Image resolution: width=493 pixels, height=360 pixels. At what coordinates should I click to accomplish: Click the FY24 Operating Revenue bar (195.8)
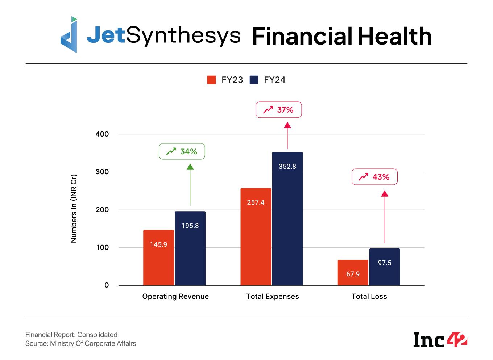(x=190, y=248)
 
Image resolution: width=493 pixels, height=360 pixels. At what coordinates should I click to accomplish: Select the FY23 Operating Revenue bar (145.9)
(x=158, y=258)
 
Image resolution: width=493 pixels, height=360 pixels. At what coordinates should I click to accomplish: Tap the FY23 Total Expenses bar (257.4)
(x=256, y=236)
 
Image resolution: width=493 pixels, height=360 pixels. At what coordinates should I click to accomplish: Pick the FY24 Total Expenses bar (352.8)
(x=287, y=218)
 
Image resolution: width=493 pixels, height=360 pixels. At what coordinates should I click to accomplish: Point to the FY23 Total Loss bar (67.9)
(x=353, y=272)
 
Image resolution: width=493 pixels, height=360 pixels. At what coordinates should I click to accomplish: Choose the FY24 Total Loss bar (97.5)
(x=384, y=267)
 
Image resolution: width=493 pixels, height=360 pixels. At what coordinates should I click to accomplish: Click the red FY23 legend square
(x=211, y=80)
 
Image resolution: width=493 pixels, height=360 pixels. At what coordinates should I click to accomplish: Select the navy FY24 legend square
(x=254, y=80)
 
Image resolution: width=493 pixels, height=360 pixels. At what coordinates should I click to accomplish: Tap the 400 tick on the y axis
(x=102, y=134)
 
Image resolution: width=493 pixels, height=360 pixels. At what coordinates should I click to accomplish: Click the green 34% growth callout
(x=182, y=151)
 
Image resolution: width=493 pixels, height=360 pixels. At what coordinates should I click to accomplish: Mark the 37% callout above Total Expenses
(x=278, y=110)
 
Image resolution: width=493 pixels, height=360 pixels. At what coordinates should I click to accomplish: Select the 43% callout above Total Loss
(x=374, y=177)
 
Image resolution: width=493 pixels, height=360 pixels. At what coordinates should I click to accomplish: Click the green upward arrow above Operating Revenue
(x=190, y=185)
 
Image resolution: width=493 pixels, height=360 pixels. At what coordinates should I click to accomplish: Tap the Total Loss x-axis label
(x=369, y=296)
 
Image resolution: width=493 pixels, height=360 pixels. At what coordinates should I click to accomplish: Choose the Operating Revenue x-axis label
(x=175, y=296)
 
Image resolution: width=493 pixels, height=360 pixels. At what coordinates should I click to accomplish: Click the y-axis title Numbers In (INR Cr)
(x=74, y=209)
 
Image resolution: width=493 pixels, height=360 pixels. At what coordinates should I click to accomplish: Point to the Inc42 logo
(x=440, y=339)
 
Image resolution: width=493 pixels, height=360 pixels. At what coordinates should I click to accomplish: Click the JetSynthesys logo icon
(x=69, y=35)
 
